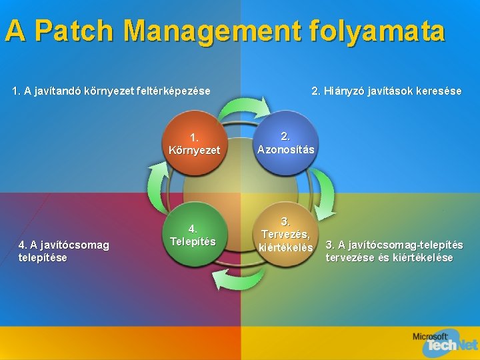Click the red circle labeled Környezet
pos(194,144)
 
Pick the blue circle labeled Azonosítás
pos(286,143)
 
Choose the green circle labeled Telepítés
pos(193,234)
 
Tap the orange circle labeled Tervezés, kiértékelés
pos(286,235)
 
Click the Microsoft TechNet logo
pos(445,342)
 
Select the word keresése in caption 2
pos(440,91)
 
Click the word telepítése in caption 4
pos(44,257)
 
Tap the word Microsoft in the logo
pos(431,336)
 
